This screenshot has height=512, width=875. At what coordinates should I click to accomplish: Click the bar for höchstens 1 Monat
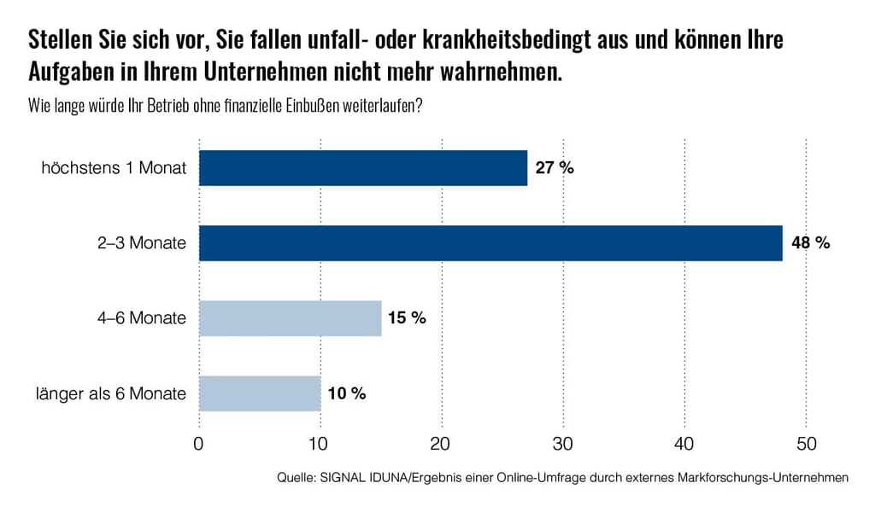(x=363, y=168)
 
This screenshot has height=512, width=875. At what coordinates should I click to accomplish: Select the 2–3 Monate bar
(x=490, y=243)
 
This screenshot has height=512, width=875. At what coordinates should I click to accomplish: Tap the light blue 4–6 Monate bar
(x=291, y=318)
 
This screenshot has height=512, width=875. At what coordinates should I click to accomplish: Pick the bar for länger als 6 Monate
(x=260, y=393)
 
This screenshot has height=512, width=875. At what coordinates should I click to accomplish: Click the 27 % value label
(x=555, y=168)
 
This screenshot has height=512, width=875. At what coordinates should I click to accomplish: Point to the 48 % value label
(x=810, y=243)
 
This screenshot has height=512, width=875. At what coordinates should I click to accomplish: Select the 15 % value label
(x=407, y=318)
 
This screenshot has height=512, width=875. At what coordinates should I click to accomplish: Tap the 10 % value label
(x=346, y=393)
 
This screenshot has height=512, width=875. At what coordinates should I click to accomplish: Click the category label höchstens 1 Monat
(x=114, y=168)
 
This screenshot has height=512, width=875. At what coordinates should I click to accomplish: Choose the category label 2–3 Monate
(x=140, y=243)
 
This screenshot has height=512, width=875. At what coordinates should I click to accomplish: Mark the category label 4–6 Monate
(x=140, y=318)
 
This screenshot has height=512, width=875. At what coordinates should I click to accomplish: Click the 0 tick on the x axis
(x=199, y=444)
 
